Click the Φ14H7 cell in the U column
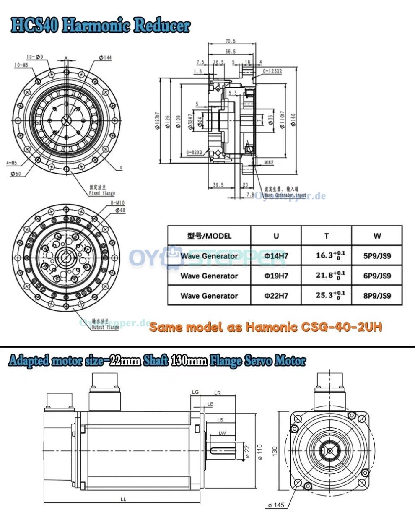(x=276, y=256)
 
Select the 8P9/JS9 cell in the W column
(x=377, y=296)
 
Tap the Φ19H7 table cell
(x=276, y=276)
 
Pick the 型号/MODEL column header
(x=209, y=236)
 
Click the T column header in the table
(x=326, y=236)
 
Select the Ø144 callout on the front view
(x=105, y=57)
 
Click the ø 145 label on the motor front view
(x=276, y=505)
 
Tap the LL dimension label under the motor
(x=123, y=499)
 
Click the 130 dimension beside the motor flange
(x=275, y=450)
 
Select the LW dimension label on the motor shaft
(x=222, y=433)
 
